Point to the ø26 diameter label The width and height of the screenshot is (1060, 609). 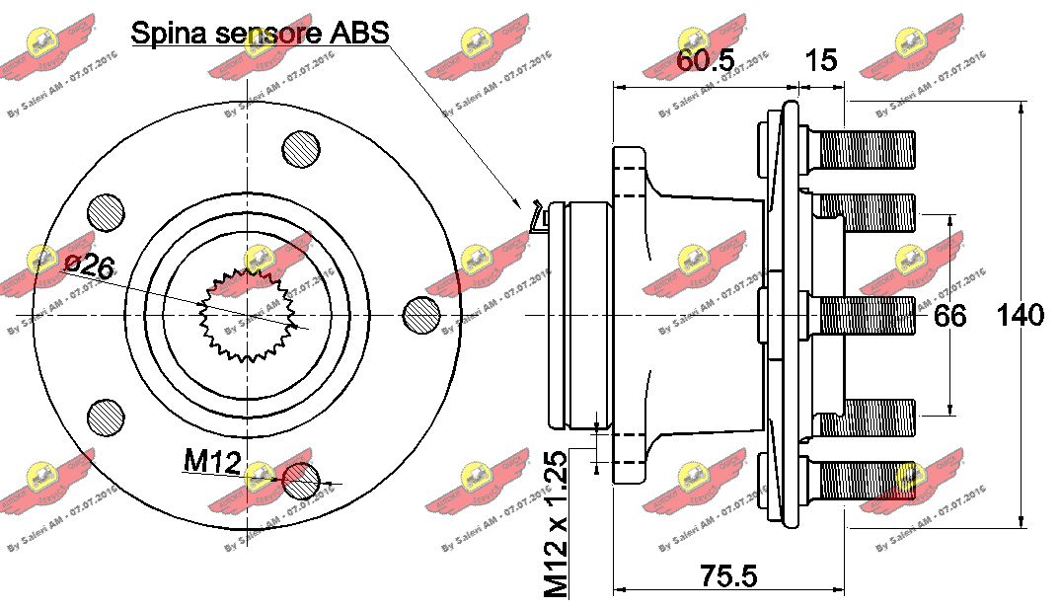point(88,264)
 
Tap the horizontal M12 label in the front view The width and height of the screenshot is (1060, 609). point(211,459)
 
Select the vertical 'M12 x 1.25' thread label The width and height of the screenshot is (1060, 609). point(557,524)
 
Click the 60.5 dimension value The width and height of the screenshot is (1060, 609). point(705,61)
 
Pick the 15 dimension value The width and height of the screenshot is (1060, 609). point(820,61)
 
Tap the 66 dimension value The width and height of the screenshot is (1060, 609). point(949,316)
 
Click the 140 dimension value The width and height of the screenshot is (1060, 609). point(1020,316)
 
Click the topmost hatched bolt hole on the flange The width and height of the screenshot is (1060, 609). point(301,149)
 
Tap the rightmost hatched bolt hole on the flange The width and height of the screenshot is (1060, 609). point(422,315)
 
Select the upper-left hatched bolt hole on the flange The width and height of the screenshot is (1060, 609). point(106,212)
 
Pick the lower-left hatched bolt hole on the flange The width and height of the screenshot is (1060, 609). point(106,417)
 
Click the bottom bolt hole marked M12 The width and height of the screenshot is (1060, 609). point(301,481)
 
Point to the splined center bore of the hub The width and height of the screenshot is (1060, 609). point(244,315)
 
